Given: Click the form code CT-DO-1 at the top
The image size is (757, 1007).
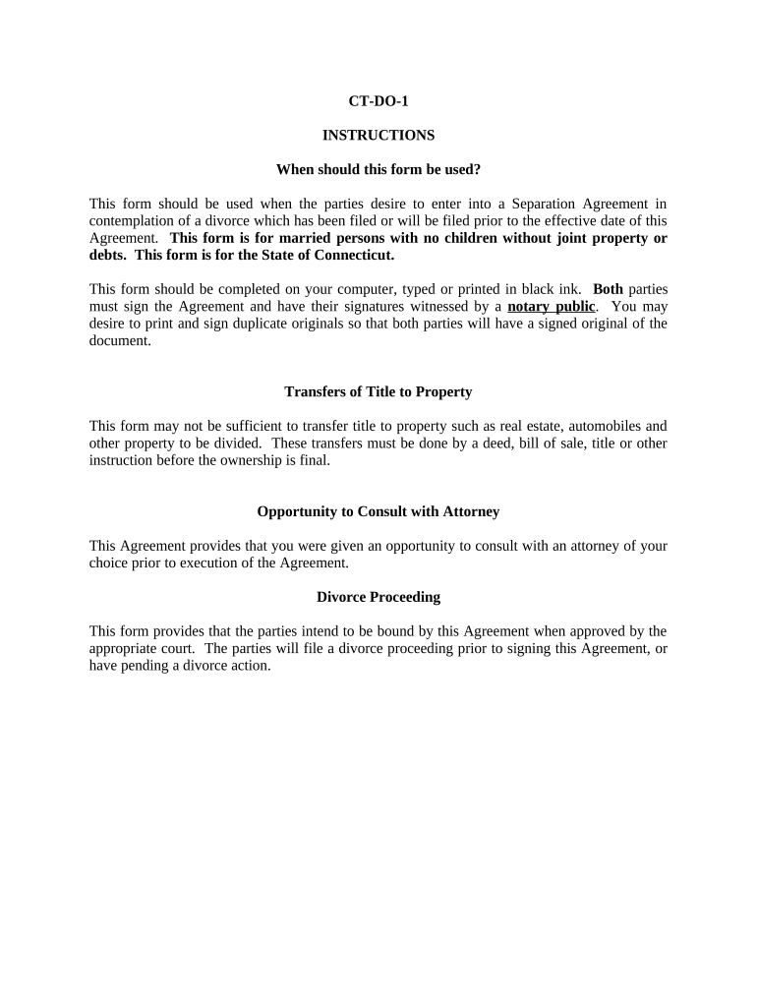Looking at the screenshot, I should (378, 101).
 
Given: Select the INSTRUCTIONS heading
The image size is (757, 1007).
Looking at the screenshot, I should (378, 135).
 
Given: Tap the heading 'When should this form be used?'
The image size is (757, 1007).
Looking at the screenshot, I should (378, 169).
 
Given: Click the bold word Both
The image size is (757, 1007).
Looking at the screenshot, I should (608, 290).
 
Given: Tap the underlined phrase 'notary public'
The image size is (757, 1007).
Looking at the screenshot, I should (551, 307).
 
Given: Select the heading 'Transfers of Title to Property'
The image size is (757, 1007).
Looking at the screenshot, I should (378, 391).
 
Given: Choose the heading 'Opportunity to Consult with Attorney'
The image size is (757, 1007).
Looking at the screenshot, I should (378, 511).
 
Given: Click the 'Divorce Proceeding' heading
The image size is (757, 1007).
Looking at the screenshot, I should (378, 597).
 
